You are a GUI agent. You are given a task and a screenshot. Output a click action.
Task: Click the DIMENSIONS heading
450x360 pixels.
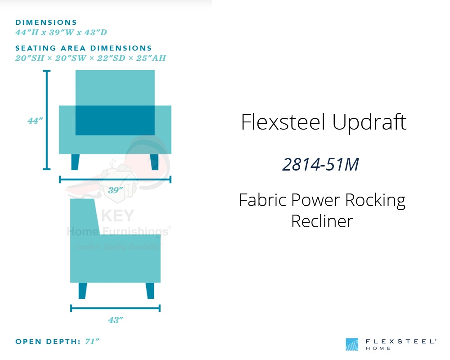point(46,22)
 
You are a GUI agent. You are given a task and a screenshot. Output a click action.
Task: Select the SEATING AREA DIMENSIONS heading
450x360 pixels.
point(84,48)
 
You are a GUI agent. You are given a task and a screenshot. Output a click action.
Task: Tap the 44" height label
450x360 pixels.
point(35,120)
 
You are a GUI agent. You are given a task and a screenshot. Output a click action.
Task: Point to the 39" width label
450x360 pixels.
point(115,190)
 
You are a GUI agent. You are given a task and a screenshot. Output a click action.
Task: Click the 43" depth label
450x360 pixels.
point(115,320)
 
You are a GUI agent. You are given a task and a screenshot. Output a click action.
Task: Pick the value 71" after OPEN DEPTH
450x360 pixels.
point(92,342)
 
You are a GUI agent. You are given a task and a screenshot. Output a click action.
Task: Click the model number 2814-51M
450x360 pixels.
point(320,165)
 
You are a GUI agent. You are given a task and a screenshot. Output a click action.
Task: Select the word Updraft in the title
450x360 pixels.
point(370,122)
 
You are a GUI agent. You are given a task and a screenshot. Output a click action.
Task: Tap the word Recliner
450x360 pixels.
point(322,221)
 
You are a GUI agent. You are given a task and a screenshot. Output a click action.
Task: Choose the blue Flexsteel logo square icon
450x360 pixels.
point(352,344)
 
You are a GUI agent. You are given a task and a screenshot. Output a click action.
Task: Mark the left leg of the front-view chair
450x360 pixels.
point(75,162)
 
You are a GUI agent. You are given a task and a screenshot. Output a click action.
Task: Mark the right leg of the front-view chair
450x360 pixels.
point(154,162)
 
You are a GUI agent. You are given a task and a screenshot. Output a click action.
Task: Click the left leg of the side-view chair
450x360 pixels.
point(82,291)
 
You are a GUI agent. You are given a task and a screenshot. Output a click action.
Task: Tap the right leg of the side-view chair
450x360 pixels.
point(150,291)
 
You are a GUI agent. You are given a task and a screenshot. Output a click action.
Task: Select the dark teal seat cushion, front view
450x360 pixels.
point(115,120)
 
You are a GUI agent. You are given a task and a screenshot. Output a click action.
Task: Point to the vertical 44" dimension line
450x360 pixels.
point(46,120)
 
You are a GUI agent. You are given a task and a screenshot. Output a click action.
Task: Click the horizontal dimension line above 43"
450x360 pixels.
point(115,308)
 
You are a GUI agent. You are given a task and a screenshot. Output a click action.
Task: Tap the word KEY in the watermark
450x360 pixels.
point(117,216)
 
